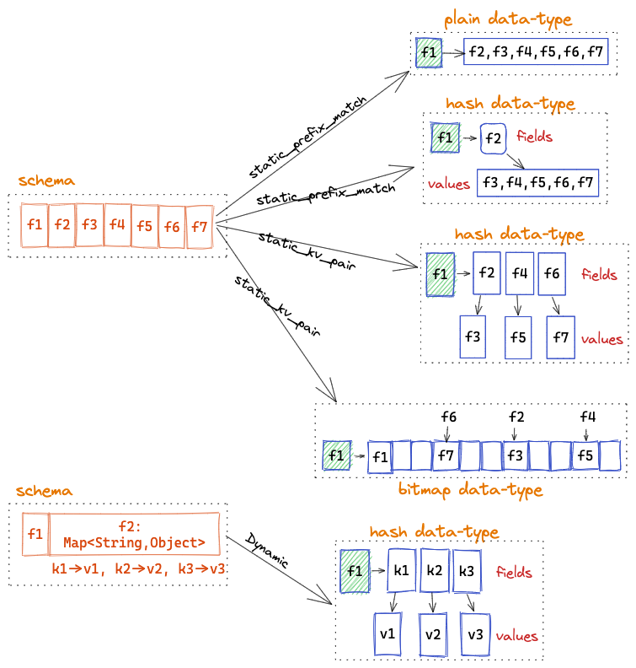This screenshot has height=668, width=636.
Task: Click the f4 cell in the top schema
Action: [x=117, y=225]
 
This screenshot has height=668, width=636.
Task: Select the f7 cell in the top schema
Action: [x=199, y=227]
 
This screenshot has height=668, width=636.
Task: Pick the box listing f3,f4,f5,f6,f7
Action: [x=537, y=182]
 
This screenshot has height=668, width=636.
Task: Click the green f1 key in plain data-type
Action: [x=428, y=53]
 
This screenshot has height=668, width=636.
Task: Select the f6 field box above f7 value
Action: [x=551, y=273]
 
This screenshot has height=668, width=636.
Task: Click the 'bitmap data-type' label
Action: [x=470, y=490]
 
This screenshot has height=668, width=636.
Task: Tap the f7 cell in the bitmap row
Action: [x=446, y=457]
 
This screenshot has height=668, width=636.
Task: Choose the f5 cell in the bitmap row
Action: [x=585, y=456]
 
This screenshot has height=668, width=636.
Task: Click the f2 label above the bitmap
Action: [x=516, y=417]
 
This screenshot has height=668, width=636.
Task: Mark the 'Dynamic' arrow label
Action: [x=266, y=550]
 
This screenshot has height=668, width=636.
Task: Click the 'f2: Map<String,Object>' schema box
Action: [x=135, y=535]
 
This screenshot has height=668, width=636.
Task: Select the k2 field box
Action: [x=435, y=571]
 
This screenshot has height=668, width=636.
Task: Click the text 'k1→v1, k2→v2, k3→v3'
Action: [x=138, y=568]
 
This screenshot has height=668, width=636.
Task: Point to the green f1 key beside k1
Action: [x=355, y=571]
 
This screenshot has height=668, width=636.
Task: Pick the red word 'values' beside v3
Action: [x=517, y=636]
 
